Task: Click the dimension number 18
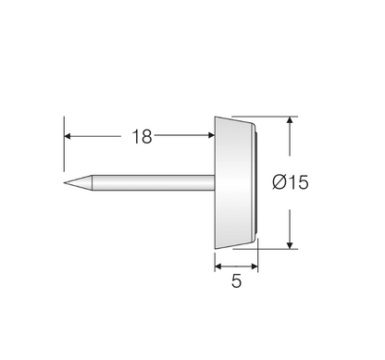141,137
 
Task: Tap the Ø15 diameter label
290,182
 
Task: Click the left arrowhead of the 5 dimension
219,266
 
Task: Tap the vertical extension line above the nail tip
65,139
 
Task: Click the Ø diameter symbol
279,182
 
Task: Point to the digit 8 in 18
146,137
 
